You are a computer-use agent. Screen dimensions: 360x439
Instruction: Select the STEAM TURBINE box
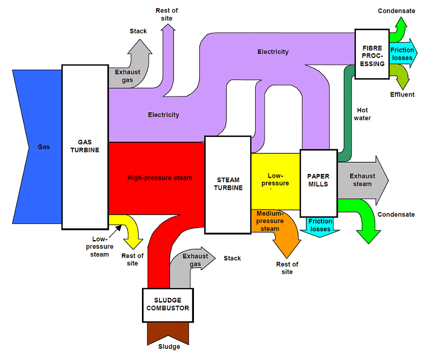click(x=228, y=185)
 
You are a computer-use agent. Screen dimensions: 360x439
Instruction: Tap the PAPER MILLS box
click(x=318, y=183)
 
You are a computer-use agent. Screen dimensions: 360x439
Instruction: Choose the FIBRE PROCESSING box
click(x=372, y=54)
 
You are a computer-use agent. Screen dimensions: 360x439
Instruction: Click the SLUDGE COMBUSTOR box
click(x=168, y=305)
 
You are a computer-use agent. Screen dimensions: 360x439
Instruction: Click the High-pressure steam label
click(x=159, y=178)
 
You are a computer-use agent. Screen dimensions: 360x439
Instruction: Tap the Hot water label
click(x=363, y=114)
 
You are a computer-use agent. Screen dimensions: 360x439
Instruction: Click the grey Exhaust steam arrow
click(x=362, y=180)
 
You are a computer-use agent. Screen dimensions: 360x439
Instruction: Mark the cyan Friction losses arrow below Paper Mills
click(x=320, y=226)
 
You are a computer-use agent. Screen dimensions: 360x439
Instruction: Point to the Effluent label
click(x=402, y=94)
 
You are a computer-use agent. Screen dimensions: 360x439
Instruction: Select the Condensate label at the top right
click(x=397, y=11)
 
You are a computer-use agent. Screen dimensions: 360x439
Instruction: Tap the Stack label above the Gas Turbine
click(x=138, y=31)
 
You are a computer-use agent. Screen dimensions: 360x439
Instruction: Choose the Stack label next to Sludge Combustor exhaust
click(x=232, y=258)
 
